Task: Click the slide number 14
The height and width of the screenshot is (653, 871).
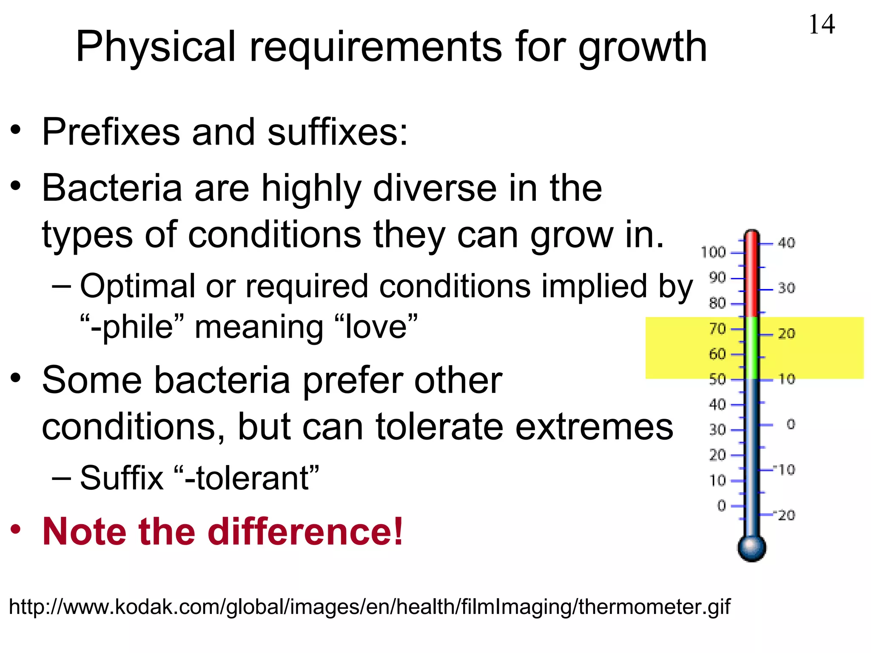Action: point(821,24)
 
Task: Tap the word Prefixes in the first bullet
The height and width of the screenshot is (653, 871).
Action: point(111,132)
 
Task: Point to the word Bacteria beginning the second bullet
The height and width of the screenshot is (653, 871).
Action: point(112,188)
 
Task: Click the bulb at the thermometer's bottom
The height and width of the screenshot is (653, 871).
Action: point(751,548)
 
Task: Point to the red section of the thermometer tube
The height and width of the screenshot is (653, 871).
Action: point(752,276)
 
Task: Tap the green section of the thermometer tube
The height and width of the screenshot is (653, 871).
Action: point(752,348)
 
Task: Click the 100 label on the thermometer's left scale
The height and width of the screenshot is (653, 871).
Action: point(713,253)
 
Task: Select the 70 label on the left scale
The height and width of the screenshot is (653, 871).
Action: point(717,329)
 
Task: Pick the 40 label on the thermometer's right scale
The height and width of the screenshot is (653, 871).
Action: point(786,243)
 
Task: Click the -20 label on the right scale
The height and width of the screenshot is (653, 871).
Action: point(785,515)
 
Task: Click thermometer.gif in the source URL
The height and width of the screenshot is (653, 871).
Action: point(654,607)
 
